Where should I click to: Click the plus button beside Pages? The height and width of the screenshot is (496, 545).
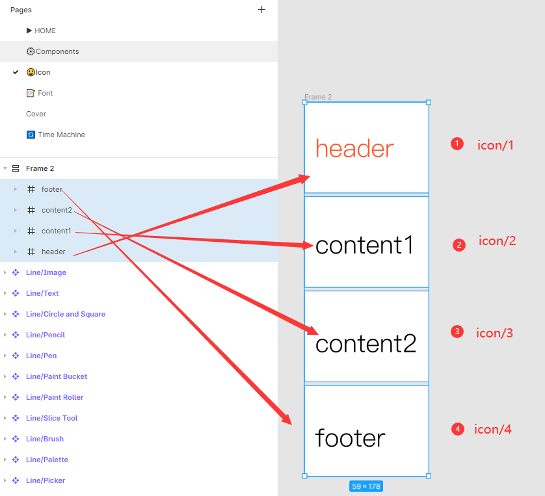click(261, 10)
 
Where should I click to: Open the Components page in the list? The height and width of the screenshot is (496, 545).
click(57, 51)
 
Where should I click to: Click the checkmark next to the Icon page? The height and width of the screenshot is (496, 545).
click(16, 72)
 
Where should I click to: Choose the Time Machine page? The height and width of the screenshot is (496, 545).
click(60, 135)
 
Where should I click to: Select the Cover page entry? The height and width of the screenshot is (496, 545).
click(36, 114)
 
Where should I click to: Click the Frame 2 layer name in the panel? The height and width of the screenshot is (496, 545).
click(40, 168)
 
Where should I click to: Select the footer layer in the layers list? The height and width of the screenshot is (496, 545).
click(51, 189)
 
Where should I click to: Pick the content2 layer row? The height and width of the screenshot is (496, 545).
click(57, 210)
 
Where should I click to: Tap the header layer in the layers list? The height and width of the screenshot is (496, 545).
click(53, 252)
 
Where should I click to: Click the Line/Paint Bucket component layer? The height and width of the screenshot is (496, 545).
click(57, 376)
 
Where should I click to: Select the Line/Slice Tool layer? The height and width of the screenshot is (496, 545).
click(51, 418)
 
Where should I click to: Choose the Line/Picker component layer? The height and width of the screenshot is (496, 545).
click(46, 480)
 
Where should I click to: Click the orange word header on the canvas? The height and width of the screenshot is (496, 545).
click(354, 149)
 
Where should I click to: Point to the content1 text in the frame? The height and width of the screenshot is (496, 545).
click(364, 245)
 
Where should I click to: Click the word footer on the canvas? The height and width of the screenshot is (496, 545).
click(350, 437)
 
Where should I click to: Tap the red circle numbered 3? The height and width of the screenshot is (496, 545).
click(457, 332)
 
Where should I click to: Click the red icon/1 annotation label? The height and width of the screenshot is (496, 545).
click(496, 145)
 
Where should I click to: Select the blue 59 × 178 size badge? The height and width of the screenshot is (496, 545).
click(366, 486)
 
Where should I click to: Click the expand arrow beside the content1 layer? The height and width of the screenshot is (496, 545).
click(16, 231)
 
